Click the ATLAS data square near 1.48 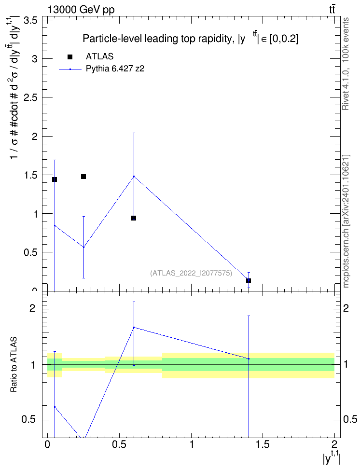coord(83,177)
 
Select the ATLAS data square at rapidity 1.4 coord(249,280)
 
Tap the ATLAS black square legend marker coord(70,57)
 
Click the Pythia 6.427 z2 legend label coord(115,69)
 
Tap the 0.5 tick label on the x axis coord(119,444)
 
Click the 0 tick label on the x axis coord(47,444)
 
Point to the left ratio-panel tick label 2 coord(32,308)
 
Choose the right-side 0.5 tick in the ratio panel coord(350,419)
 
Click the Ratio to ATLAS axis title coord(14,364)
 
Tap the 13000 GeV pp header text coord(81,10)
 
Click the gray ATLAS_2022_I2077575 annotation coord(191,273)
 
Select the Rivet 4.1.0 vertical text coord(346,64)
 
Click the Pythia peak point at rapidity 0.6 coord(134,176)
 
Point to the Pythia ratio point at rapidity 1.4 coord(249,359)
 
